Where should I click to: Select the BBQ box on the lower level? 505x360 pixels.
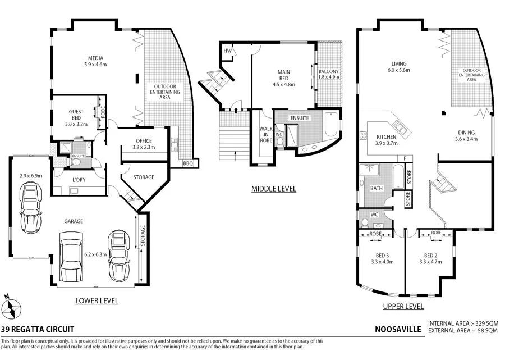coord(188,163)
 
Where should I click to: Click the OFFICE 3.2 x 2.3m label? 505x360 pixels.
coord(144,144)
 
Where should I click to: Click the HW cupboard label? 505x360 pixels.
coord(227,51)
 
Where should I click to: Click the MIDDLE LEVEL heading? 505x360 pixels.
coord(273,189)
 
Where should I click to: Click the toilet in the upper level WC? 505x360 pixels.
coord(365,222)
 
